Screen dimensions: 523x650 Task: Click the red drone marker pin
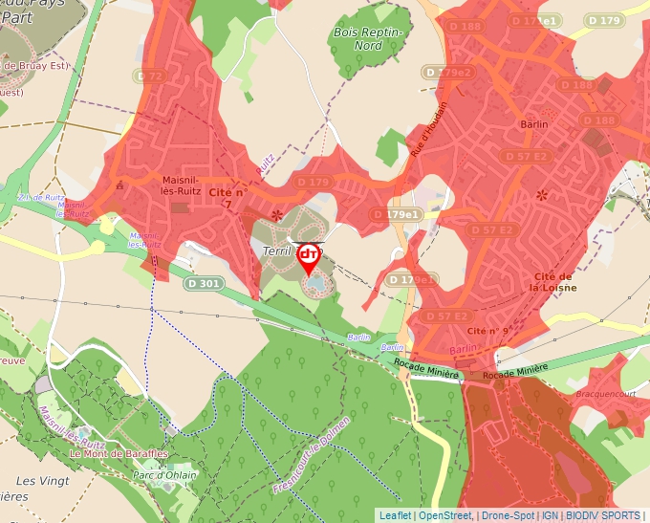click(309, 256)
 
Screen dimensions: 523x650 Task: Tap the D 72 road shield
click(151, 76)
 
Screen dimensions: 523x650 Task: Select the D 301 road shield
click(204, 283)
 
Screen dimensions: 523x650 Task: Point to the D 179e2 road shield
click(449, 73)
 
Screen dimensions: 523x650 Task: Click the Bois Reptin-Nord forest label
click(369, 38)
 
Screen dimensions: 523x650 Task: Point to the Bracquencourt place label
click(605, 393)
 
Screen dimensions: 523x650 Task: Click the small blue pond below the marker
click(314, 284)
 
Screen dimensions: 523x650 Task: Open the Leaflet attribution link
click(395, 515)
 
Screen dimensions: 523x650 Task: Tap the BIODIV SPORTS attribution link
click(602, 515)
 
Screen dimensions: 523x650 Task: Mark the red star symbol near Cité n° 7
click(277, 215)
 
